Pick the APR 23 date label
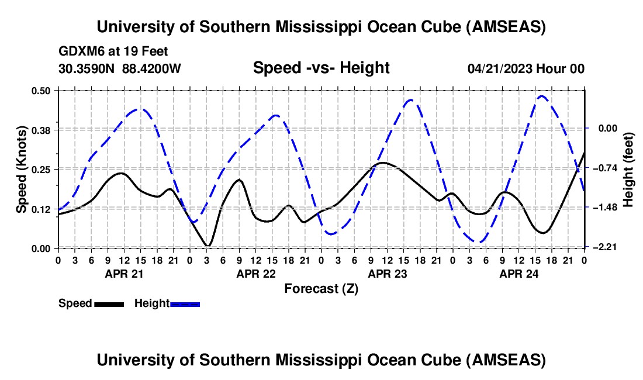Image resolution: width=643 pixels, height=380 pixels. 386,273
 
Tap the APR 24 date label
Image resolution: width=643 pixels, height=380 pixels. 518,273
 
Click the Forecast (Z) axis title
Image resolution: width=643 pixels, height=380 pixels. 321,288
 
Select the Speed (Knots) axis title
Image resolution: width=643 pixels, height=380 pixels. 21,170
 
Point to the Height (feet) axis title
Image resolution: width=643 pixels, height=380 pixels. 629,170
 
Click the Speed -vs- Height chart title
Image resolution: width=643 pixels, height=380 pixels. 321,68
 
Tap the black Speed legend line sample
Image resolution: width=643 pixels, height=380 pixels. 109,303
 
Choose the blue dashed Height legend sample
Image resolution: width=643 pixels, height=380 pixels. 185,303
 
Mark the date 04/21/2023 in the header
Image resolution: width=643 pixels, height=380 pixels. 500,68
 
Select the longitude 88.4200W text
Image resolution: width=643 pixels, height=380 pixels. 152,68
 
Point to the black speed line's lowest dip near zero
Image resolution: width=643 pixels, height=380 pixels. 208,246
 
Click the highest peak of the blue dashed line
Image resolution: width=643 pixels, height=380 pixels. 541,96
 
